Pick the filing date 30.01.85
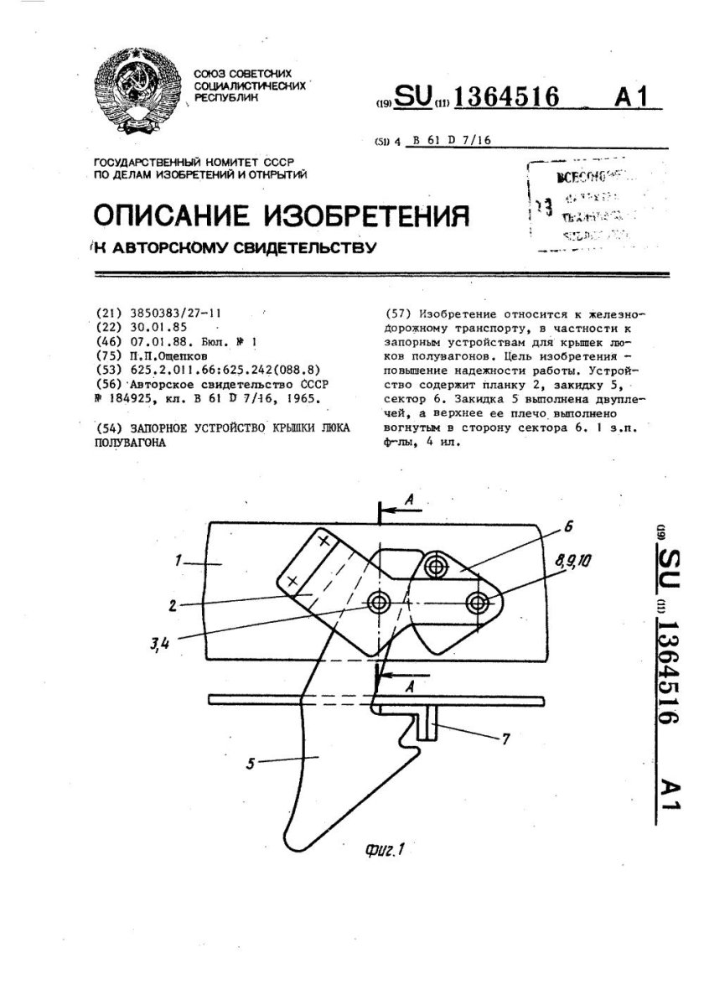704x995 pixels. click(x=157, y=325)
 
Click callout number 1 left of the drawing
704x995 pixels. click(x=192, y=562)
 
